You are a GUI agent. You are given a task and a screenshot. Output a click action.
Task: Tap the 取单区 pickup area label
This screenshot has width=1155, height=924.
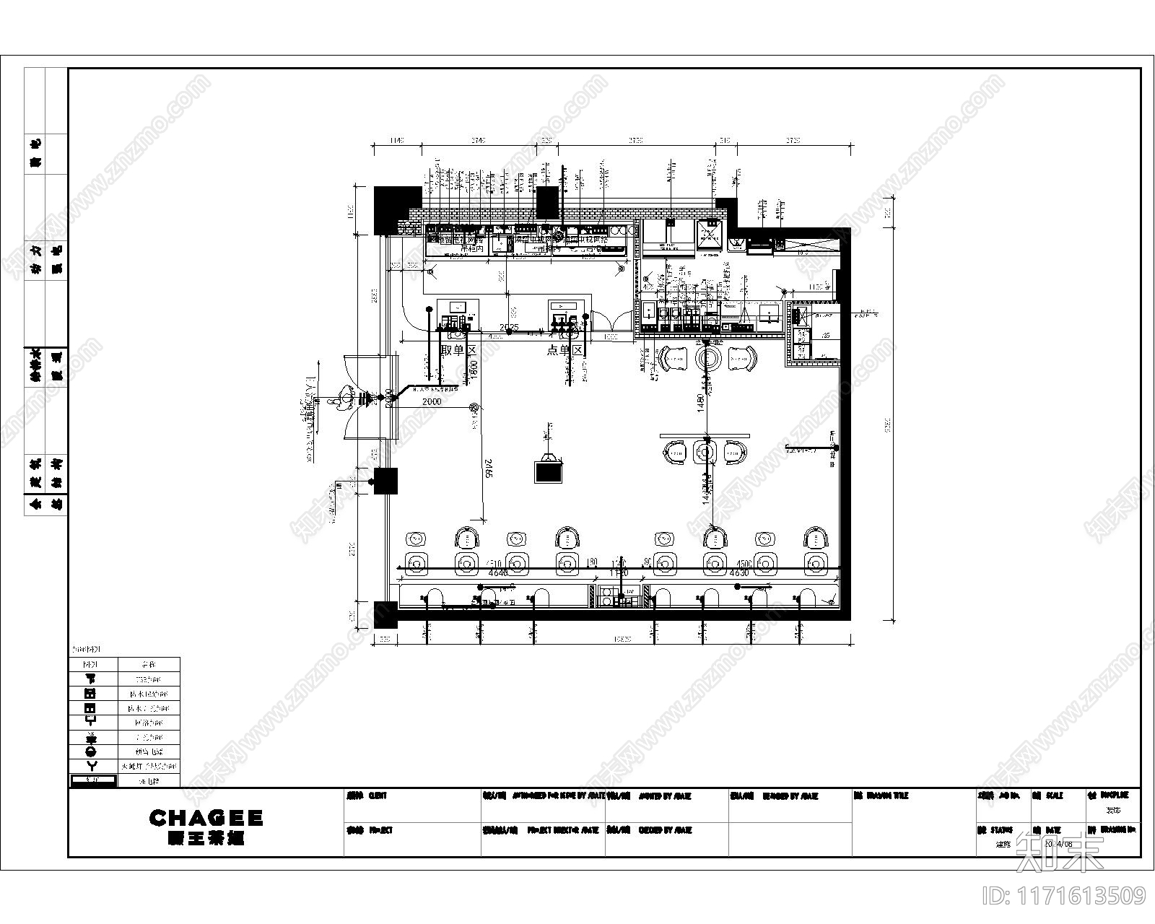pyautogui.click(x=459, y=350)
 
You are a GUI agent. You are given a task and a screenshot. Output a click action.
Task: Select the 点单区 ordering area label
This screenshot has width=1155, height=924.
pyautogui.click(x=565, y=350)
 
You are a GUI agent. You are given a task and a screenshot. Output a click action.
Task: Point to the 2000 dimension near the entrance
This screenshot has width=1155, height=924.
pyautogui.click(x=432, y=401)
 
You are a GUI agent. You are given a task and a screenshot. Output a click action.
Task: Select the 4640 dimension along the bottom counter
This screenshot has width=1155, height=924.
pyautogui.click(x=498, y=572)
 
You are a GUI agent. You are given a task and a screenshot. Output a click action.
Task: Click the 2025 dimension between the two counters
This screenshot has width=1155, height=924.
pyautogui.click(x=509, y=327)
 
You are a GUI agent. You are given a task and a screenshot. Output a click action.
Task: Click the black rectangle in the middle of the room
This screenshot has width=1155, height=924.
pyautogui.click(x=549, y=472)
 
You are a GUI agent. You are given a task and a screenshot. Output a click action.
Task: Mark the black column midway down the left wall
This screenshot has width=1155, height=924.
pyautogui.click(x=385, y=481)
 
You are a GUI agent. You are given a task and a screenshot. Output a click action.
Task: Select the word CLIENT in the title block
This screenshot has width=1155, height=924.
pyautogui.click(x=378, y=796)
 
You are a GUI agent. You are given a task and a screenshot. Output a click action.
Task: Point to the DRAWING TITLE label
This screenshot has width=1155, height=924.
pyautogui.click(x=890, y=796)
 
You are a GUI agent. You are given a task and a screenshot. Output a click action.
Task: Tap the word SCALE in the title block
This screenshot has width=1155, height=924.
pyautogui.click(x=1055, y=796)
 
